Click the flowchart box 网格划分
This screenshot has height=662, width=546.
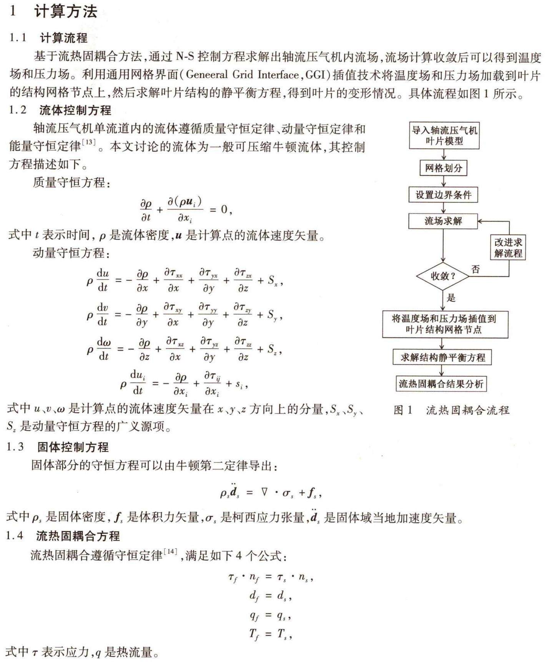click(443, 168)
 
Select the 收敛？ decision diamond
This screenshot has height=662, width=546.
click(443, 276)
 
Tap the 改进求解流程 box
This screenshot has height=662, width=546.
click(508, 248)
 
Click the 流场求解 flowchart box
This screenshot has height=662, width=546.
click(443, 221)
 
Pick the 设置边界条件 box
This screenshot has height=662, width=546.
click(443, 195)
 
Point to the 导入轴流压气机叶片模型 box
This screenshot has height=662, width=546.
click(444, 135)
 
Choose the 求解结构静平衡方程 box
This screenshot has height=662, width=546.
click(442, 357)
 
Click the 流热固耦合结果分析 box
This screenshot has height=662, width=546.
click(441, 384)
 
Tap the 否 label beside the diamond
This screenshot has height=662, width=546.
click(476, 269)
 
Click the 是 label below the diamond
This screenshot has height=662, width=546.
click(451, 298)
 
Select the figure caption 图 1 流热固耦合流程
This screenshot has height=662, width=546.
click(451, 410)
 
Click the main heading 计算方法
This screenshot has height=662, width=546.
click(66, 12)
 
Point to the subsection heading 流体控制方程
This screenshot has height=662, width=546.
click(75, 110)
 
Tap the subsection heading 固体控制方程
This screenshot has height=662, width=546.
click(73, 447)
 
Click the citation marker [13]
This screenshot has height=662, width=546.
click(89, 142)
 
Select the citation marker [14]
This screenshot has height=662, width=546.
click(170, 552)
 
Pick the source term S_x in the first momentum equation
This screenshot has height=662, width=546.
click(273, 281)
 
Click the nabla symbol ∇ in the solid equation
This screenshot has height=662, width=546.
click(264, 492)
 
